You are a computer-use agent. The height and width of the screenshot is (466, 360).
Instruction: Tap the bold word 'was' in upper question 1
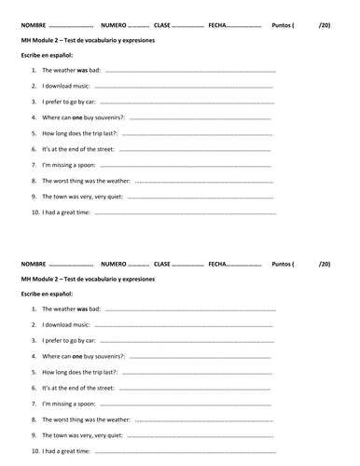pyautogui.click(x=81, y=70)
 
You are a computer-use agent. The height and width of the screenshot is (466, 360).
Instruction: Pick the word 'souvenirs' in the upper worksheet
pyautogui.click(x=108, y=117)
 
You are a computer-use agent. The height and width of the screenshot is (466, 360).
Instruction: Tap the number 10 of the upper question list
pyautogui.click(x=35, y=212)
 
